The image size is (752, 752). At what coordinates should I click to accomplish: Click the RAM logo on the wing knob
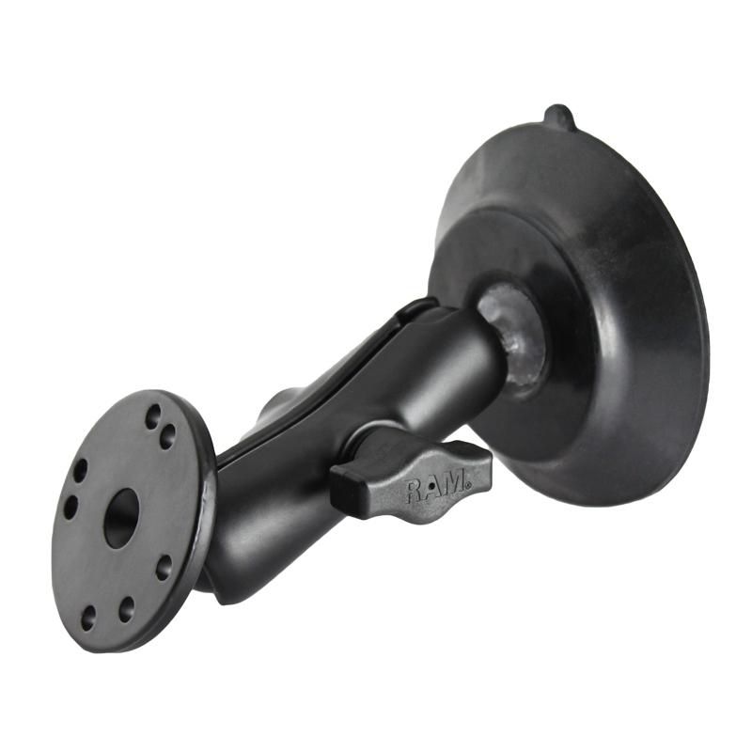coord(436,486)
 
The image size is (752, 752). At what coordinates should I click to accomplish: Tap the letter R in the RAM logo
coord(415,492)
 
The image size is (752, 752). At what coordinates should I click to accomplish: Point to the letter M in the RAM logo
coord(456,482)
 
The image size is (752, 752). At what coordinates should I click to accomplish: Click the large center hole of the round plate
coord(121,518)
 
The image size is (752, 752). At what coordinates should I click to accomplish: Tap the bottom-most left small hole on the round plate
coord(87,618)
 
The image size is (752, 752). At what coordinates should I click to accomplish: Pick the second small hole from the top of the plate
coord(167,437)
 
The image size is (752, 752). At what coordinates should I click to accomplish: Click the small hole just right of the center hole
coord(164,568)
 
